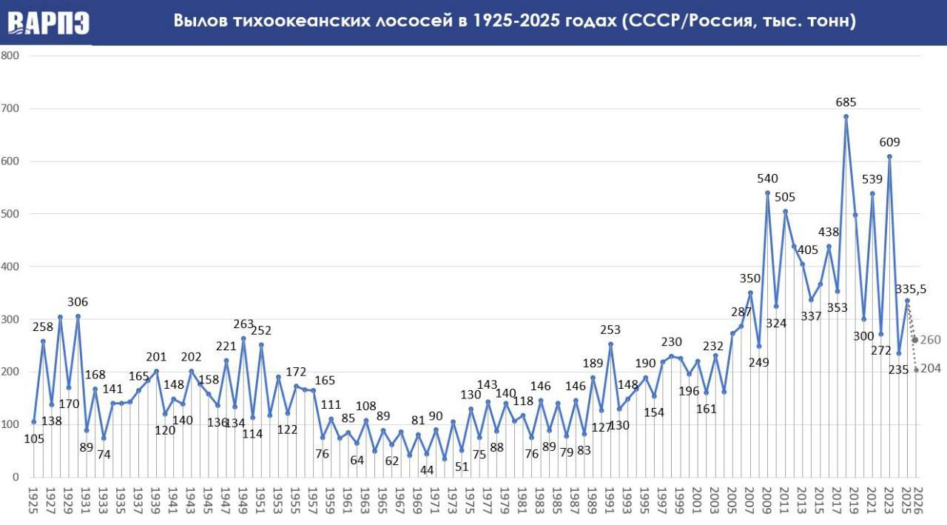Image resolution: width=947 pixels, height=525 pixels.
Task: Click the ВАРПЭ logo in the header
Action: pyautogui.click(x=49, y=22)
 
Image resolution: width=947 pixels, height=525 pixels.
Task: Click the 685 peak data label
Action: pyautogui.click(x=846, y=101)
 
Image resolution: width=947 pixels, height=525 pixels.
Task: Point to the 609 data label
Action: pyautogui.click(x=889, y=141)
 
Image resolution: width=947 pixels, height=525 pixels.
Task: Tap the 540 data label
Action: pyautogui.click(x=767, y=178)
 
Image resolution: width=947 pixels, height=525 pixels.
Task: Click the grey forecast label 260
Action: pyautogui.click(x=930, y=340)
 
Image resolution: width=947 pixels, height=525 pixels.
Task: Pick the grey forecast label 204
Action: pyautogui.click(x=930, y=369)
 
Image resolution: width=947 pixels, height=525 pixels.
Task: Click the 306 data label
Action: pyautogui.click(x=78, y=302)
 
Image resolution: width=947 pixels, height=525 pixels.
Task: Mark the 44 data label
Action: pyautogui.click(x=426, y=469)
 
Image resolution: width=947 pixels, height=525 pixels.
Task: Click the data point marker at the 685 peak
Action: pyautogui.click(x=846, y=116)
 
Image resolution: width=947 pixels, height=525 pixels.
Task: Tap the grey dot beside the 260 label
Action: pyautogui.click(x=915, y=340)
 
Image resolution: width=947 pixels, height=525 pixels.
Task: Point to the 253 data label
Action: pyautogui.click(x=610, y=330)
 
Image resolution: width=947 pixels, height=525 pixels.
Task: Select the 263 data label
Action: pyautogui.click(x=243, y=324)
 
